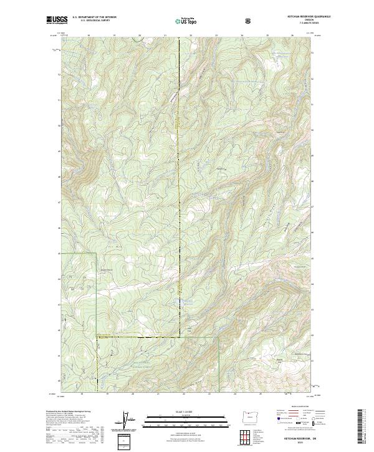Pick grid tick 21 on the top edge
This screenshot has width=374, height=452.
pyautogui.click(x=165, y=36)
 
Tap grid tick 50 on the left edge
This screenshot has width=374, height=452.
pyautogui.click(x=59, y=126)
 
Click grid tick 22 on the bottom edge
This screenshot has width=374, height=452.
pyautogui.click(x=183, y=394)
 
